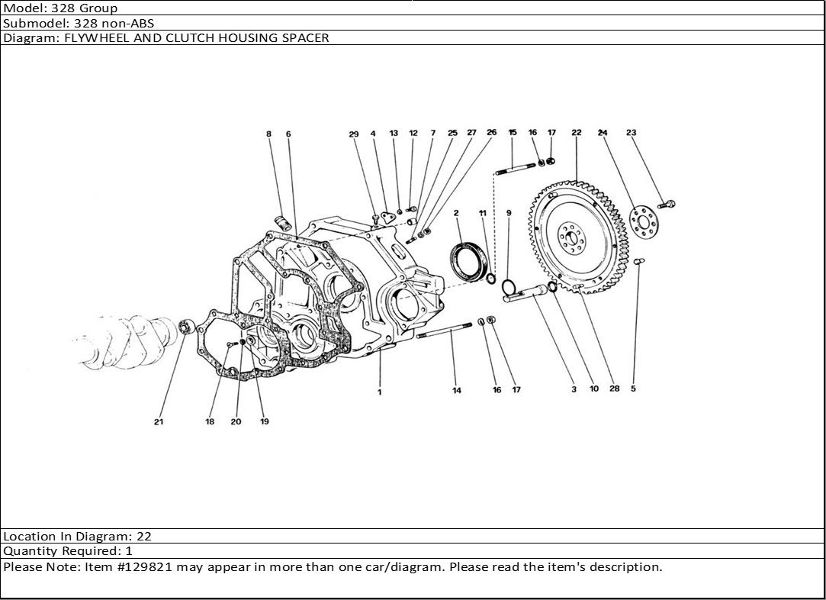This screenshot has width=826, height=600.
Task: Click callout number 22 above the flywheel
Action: pos(576,133)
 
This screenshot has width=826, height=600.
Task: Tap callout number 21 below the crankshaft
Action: pos(159,421)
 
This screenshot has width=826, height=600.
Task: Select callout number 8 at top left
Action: pos(268,134)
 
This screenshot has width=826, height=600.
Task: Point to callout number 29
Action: pos(354,134)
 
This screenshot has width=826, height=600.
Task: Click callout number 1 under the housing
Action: pos(379,392)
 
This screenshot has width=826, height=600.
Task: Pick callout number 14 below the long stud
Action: pos(457,391)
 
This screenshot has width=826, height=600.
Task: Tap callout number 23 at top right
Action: pos(631,133)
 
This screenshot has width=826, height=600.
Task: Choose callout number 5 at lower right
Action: pos(633,389)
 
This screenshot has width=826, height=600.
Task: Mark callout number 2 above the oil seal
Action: pos(456,213)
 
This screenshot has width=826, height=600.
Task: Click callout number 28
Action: pos(615,389)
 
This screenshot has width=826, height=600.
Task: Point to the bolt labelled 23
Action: pos(667,204)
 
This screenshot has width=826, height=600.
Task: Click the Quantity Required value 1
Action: pos(129,550)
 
